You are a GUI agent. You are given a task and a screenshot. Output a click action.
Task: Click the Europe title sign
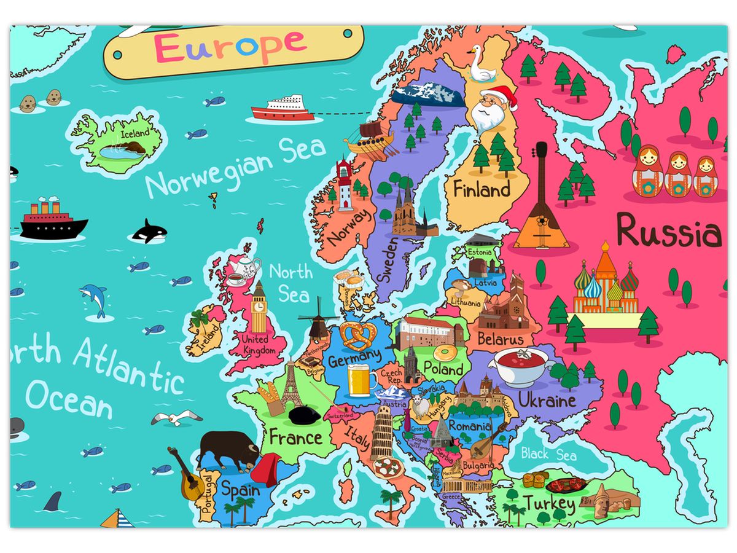[x=233, y=49]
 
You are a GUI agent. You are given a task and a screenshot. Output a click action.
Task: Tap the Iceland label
[x=135, y=133]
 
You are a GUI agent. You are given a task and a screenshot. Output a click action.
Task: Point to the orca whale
[x=149, y=232]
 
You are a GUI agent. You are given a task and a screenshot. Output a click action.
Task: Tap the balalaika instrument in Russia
[x=540, y=203]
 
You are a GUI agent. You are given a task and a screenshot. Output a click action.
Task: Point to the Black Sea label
[x=548, y=455]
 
